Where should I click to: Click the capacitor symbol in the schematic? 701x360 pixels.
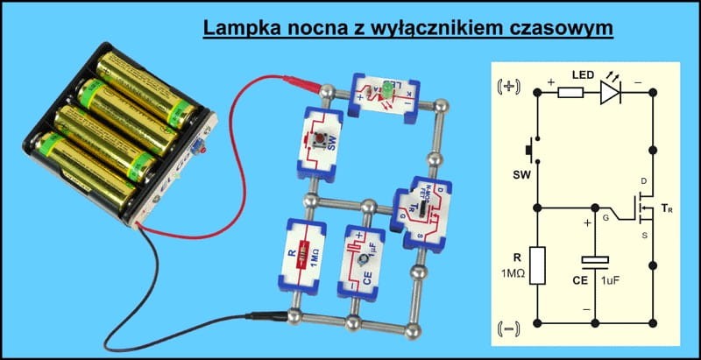[596, 260]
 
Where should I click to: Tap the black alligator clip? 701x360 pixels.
[266, 312]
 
